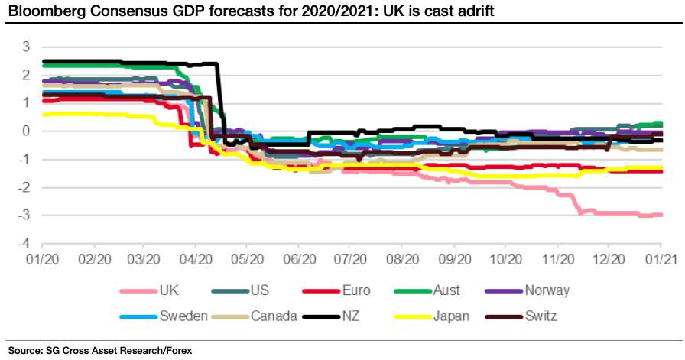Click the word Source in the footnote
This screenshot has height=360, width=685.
(24, 350)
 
